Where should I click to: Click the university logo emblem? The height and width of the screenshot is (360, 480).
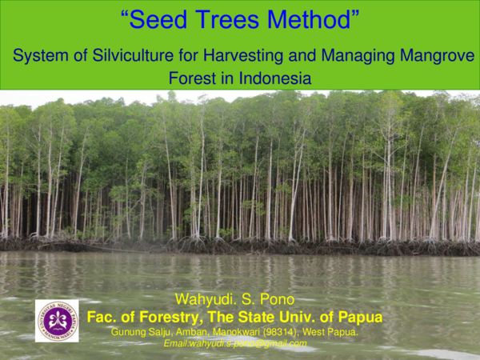(x=57, y=321)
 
